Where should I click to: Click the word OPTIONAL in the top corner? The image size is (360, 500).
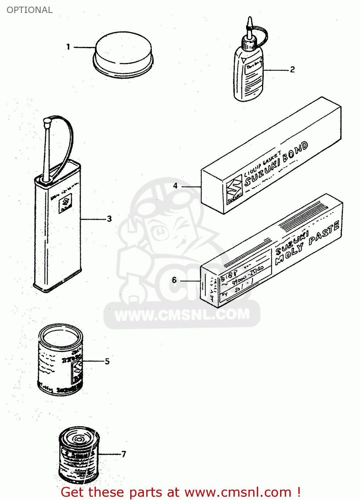(30, 10)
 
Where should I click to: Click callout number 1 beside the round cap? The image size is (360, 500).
(68, 47)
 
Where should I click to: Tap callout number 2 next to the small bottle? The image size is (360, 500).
(292, 70)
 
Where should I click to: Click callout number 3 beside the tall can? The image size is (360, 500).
(109, 219)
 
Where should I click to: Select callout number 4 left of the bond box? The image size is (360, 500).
(175, 186)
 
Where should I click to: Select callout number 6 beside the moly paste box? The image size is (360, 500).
(174, 280)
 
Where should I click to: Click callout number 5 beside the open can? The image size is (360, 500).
(107, 361)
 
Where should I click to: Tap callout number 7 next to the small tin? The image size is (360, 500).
(124, 454)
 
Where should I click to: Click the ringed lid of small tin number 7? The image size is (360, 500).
(79, 437)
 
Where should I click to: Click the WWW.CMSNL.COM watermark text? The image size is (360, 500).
(182, 315)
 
